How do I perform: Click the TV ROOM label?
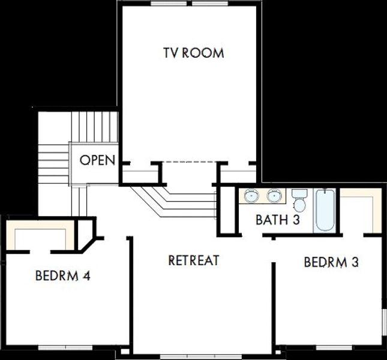click(193, 53)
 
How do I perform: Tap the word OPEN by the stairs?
click(98, 161)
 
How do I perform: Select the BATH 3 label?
click(277, 220)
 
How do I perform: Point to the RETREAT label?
click(193, 260)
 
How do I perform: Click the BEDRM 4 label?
click(62, 277)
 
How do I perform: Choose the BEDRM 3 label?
click(331, 262)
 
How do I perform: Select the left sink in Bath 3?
click(251, 195)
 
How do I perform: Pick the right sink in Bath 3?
click(275, 195)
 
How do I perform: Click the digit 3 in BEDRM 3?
click(355, 262)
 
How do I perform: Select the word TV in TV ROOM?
click(170, 53)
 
